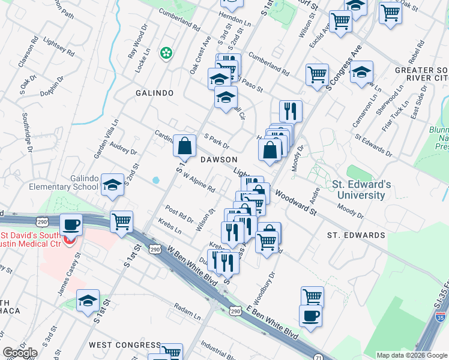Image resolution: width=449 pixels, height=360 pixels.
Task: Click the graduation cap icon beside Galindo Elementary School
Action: tap(112, 185)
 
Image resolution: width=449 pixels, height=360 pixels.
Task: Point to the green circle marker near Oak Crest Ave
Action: tap(165, 53)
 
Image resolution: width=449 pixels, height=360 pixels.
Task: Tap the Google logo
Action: tap(19, 353)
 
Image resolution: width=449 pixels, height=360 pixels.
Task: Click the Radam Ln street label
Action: tap(187, 313)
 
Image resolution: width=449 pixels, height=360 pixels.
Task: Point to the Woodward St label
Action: tap(296, 202)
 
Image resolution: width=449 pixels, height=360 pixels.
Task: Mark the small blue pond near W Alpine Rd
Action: tap(156, 179)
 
